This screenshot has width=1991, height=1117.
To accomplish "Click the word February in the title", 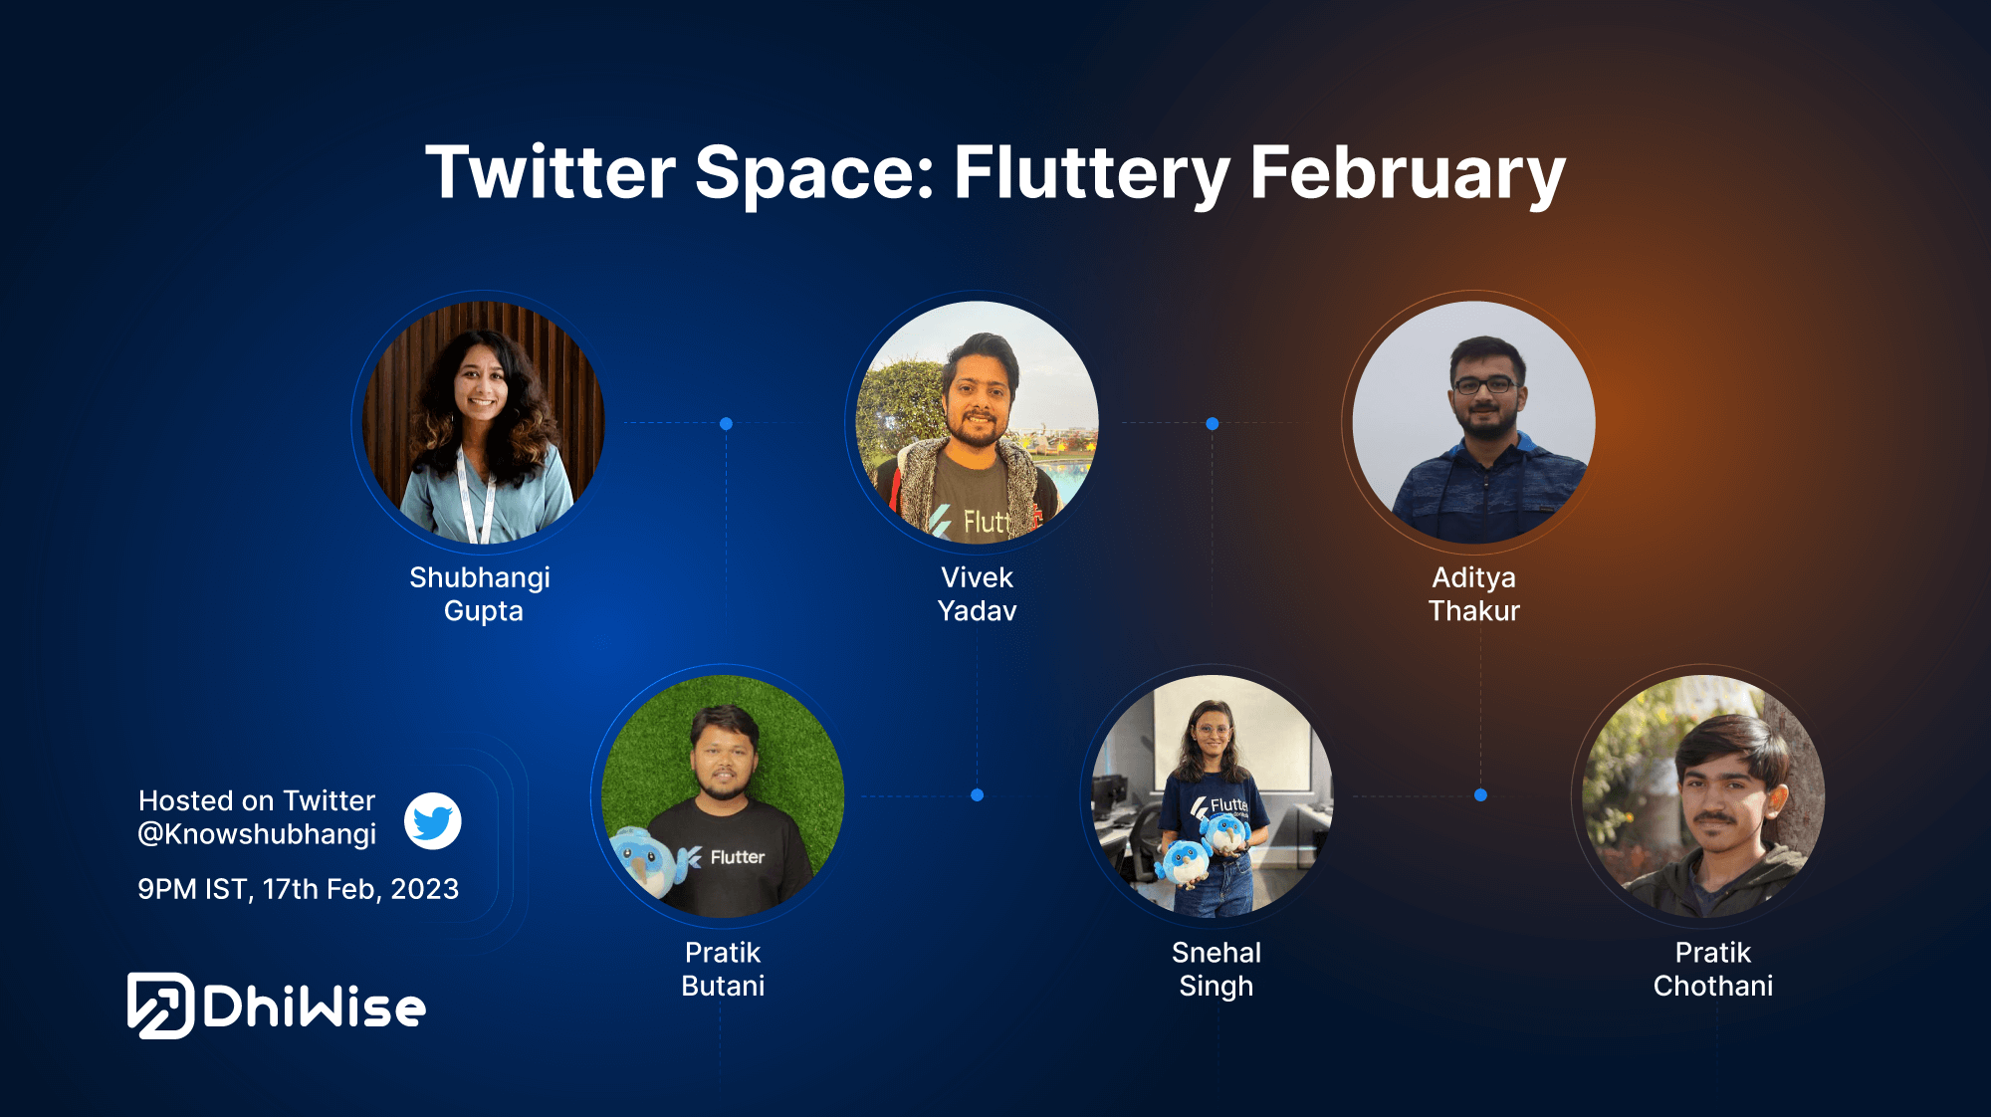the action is (1408, 173).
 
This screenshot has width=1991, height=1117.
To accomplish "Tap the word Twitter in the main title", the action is (551, 172).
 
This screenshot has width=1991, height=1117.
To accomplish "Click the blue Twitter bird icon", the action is (432, 821).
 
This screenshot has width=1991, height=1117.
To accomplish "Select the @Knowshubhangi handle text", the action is (257, 834).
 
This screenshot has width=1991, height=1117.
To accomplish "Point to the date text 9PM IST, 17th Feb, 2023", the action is (299, 889).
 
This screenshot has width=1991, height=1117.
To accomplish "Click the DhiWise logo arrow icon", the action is (160, 1005).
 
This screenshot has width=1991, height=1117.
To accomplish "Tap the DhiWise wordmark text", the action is (315, 1007).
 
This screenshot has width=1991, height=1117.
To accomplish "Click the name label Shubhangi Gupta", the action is (481, 594).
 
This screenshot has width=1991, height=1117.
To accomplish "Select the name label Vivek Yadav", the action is (977, 594).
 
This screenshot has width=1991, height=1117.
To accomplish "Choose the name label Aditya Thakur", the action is (1474, 594).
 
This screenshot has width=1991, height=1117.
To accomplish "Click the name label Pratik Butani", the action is (723, 969).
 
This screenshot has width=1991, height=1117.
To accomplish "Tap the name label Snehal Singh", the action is (1217, 969).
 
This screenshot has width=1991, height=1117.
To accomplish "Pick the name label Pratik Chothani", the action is (1713, 969).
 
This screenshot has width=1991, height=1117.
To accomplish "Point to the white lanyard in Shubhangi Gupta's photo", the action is (477, 495).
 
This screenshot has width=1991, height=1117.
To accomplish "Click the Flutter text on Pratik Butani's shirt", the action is (737, 857).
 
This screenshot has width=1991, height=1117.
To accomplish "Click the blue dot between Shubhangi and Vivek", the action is (727, 424).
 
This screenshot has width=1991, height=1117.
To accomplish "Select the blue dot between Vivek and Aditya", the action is (1213, 424).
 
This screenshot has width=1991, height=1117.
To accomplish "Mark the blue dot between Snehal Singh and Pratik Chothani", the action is (1480, 795).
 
